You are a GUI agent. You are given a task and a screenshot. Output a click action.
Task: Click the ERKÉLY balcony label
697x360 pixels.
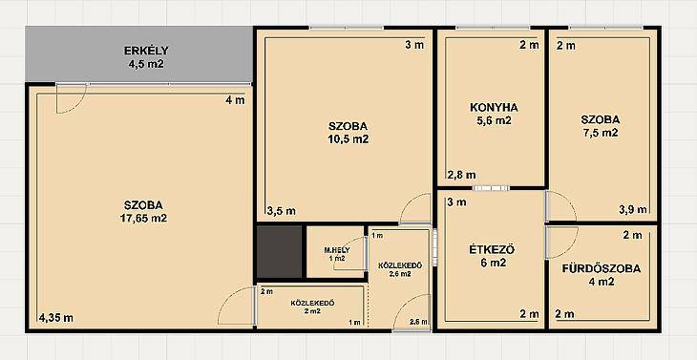pos(146,51)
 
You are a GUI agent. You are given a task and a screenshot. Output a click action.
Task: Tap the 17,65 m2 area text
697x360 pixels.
pos(143,219)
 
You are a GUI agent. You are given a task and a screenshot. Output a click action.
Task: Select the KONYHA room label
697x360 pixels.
pos(494,108)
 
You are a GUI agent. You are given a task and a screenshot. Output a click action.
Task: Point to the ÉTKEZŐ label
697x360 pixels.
pos(492,250)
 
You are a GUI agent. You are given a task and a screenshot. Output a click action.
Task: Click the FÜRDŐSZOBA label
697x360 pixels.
pos(602,268)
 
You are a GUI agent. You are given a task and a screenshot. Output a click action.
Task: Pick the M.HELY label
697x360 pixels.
pos(337,250)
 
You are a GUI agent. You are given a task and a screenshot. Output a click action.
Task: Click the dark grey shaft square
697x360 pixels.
pos(280,252)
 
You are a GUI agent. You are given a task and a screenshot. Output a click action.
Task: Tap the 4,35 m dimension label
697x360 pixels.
pos(55,318)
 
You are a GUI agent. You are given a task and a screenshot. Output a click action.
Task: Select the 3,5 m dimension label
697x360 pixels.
pos(282,211)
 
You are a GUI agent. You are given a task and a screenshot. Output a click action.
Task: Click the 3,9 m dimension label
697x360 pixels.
pos(633,210)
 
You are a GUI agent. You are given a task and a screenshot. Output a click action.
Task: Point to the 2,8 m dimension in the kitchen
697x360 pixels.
pos(462,175)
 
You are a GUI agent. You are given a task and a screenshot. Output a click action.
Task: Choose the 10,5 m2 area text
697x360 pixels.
pos(348,139)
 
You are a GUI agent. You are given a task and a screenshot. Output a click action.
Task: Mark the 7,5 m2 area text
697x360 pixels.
pos(601,133)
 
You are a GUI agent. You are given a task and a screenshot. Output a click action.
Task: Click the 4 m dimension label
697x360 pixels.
pos(235,100)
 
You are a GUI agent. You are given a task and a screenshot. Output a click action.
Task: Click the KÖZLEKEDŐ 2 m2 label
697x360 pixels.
pos(312,307)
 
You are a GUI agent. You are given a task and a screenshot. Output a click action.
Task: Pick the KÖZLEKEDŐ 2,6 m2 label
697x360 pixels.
pos(400,269)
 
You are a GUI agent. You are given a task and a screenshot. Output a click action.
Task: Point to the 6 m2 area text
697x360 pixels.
pos(492,264)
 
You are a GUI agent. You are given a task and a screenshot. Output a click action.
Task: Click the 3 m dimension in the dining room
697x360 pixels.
pos(456,202)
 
